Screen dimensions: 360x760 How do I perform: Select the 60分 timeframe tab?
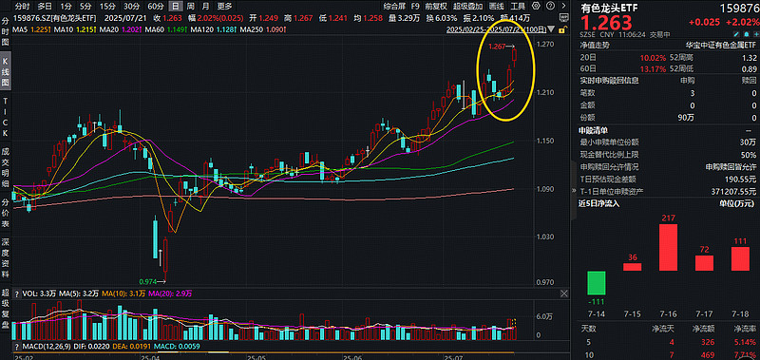(155, 7)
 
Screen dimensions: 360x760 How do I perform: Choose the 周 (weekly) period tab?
(190, 7)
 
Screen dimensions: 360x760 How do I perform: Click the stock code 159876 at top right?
(738, 7)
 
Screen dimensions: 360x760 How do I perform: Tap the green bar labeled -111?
(597, 282)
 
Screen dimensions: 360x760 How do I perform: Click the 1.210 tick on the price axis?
(544, 93)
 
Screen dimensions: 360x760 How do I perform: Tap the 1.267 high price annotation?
(496, 46)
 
